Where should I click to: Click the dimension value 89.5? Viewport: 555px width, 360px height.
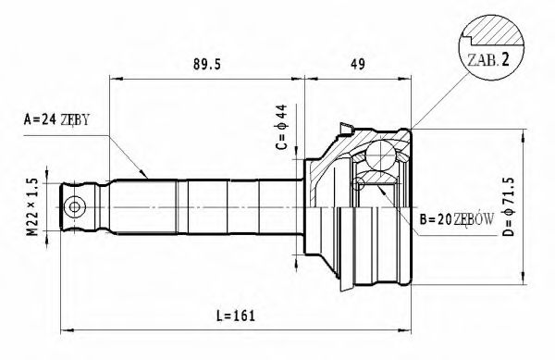[x=204, y=67]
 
